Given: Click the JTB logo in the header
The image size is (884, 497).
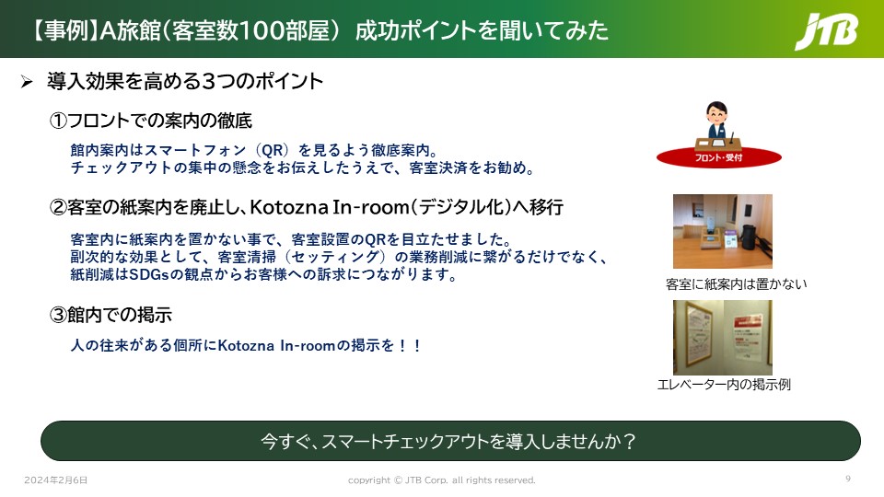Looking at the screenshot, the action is point(826,31).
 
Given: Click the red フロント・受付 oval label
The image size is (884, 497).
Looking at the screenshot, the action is point(719,157).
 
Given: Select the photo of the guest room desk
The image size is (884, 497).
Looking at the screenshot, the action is point(723,231).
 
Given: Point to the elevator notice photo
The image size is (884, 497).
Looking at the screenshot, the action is point(723,337).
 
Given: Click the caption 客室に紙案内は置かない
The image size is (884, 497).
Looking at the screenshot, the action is point(737,284).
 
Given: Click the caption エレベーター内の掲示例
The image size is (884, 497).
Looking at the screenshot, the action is point(724,385).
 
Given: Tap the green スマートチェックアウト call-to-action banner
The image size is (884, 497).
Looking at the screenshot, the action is point(450,441).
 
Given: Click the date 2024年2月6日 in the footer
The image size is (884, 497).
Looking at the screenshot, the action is point(56,480).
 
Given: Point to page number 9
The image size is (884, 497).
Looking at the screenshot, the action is point(848,479).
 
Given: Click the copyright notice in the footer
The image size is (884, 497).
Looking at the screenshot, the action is point(441,480).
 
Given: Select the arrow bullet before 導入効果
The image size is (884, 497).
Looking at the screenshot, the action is point(27,82).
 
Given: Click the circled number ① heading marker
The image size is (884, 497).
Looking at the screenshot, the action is point(58,121).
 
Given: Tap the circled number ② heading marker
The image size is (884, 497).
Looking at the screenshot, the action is point(58,207).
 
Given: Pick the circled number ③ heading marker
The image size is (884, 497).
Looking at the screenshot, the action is point(58,315).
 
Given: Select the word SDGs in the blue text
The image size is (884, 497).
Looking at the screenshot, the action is point(149,274).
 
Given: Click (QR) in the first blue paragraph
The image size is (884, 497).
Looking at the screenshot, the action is point(273,150).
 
